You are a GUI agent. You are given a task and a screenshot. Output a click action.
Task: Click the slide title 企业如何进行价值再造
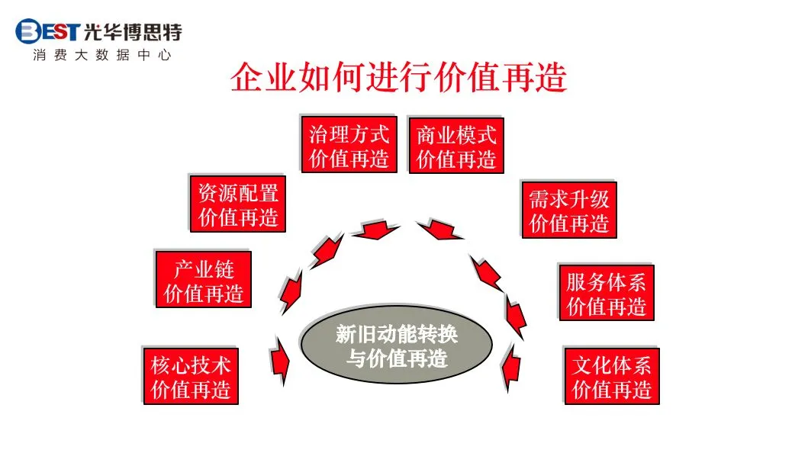coord(398,79)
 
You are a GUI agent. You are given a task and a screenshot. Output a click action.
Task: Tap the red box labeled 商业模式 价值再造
coord(456,146)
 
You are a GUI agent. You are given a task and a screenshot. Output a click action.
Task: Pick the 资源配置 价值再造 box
coord(237,204)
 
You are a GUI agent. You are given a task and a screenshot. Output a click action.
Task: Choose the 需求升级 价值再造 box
coord(568,210)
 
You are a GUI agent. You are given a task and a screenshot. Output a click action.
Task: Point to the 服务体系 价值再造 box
coord(606,294)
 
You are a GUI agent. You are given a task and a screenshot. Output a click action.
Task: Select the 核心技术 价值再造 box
coord(190,377)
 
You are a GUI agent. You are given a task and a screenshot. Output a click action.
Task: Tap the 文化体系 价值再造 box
coord(611,377)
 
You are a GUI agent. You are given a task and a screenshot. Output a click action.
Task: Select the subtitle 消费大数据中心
coord(101,56)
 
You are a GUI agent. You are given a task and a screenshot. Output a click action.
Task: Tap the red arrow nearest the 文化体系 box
coord(511,366)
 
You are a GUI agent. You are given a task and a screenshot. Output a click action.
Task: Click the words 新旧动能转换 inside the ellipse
coord(397,335)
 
